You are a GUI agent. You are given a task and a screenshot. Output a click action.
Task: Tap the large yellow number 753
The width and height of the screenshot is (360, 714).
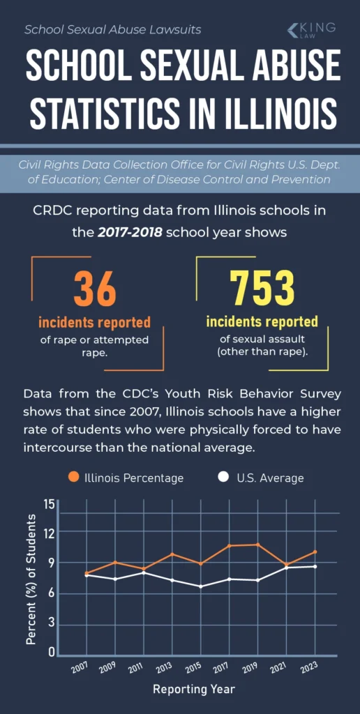click(x=262, y=287)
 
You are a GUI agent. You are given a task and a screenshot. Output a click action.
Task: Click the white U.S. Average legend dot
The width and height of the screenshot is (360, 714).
click(x=223, y=478)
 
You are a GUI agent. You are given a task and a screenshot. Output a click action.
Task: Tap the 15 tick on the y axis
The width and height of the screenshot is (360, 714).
click(x=50, y=504)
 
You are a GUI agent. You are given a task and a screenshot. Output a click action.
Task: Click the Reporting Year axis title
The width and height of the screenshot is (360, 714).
click(x=194, y=689)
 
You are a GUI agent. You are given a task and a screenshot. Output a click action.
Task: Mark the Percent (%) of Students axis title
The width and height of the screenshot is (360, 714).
click(x=31, y=579)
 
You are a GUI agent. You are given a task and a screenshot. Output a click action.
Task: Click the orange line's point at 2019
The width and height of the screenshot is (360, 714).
click(x=257, y=545)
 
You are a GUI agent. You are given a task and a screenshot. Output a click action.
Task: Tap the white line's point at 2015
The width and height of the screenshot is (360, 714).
click(x=200, y=586)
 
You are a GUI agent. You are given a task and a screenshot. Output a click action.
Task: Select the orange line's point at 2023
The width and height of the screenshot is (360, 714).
click(x=315, y=552)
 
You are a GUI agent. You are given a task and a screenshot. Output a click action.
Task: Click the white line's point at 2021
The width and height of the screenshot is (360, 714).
click(x=286, y=568)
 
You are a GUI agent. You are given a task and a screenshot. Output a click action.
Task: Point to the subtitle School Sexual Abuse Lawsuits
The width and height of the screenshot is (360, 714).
click(x=112, y=29)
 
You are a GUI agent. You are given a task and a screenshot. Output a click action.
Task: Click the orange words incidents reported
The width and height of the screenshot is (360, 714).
click(x=94, y=323)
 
